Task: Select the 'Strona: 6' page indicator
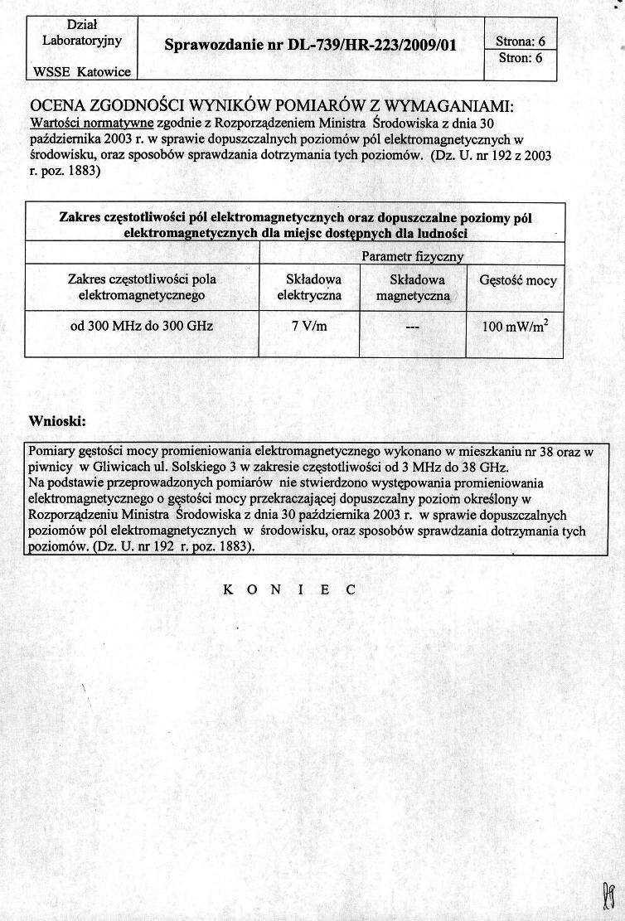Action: click(520, 41)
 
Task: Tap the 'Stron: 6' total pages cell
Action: click(520, 58)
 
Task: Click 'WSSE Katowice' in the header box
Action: click(81, 71)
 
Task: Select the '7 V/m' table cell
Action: click(309, 326)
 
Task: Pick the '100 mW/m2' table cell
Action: click(515, 327)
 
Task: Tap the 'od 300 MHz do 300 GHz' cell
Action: click(142, 326)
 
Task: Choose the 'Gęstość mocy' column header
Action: click(518, 280)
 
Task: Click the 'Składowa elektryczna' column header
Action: click(309, 287)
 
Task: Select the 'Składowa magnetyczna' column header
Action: click(412, 288)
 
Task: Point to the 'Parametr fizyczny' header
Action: click(412, 257)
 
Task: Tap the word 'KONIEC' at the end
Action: click(289, 589)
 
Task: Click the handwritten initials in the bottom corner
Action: click(607, 894)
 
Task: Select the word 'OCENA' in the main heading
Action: click(60, 106)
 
